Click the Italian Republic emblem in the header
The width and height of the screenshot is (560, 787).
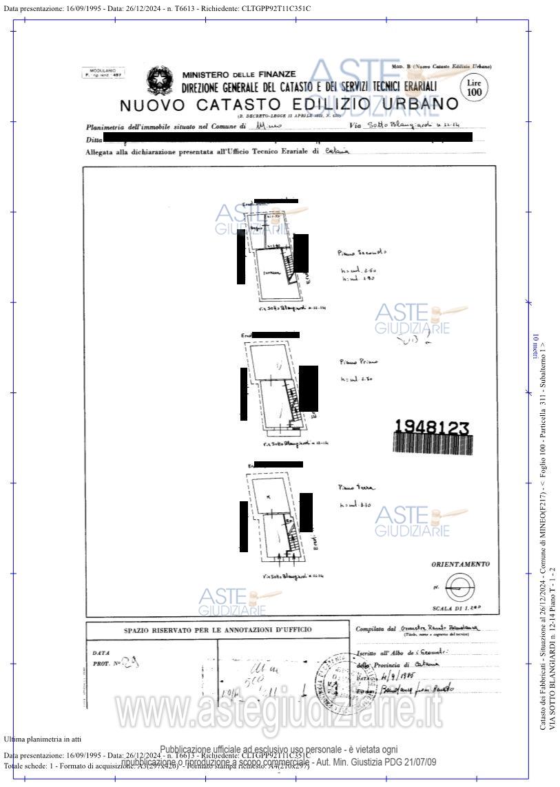tap(160, 81)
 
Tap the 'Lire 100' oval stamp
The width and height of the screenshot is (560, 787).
tap(475, 87)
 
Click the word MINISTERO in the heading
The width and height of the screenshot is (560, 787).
tap(206, 74)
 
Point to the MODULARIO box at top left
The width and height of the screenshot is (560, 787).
tap(103, 72)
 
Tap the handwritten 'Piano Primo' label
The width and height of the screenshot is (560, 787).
tap(359, 361)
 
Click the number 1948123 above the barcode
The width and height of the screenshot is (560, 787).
tap(432, 427)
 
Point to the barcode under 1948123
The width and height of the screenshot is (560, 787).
tap(432, 443)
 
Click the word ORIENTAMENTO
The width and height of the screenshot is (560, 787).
tap(461, 565)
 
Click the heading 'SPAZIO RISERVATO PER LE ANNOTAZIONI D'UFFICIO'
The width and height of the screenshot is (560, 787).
tap(218, 629)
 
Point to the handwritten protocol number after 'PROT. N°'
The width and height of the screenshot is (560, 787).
tap(130, 663)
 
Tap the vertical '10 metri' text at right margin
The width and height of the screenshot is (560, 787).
tap(534, 345)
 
